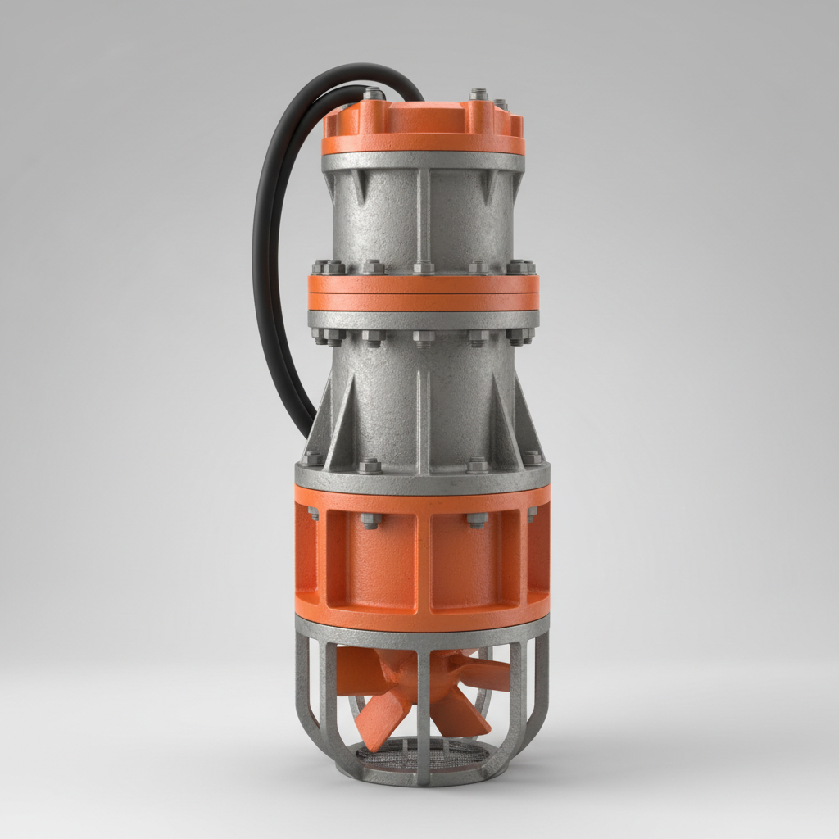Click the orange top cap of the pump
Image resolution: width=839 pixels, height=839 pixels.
(x=423, y=123)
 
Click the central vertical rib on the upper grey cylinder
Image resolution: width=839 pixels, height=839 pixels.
(x=423, y=213)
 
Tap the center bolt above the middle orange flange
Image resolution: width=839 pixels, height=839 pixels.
(x=423, y=267)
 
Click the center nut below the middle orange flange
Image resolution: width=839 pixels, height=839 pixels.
(x=423, y=338)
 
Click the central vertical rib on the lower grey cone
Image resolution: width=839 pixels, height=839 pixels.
(x=423, y=418)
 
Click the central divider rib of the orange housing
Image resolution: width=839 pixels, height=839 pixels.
(x=423, y=565)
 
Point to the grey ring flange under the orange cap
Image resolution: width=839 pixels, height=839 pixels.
(x=423, y=161)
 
